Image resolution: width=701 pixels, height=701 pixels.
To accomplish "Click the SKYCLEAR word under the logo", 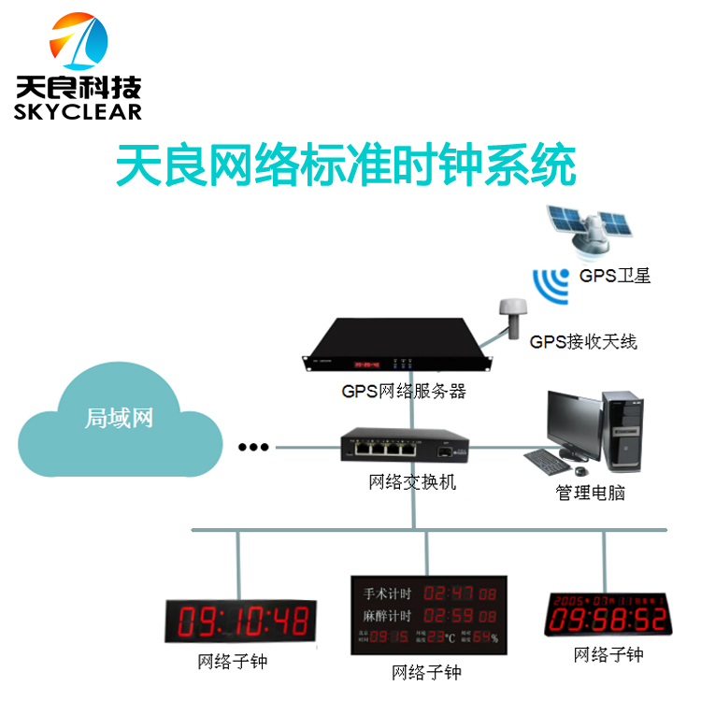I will (x=79, y=111).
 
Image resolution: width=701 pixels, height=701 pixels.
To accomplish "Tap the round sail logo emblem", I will (x=79, y=43).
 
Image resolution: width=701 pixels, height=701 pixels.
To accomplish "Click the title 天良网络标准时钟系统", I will (x=345, y=167).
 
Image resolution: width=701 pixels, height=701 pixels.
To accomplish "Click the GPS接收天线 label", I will (x=583, y=342).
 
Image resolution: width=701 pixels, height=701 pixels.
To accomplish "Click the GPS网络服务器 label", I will (x=404, y=392).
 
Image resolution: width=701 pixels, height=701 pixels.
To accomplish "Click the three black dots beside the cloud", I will (x=252, y=447).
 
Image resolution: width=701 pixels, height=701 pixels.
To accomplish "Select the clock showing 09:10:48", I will (x=241, y=621).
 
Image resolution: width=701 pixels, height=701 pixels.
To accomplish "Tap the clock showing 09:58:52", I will (x=608, y=613).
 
